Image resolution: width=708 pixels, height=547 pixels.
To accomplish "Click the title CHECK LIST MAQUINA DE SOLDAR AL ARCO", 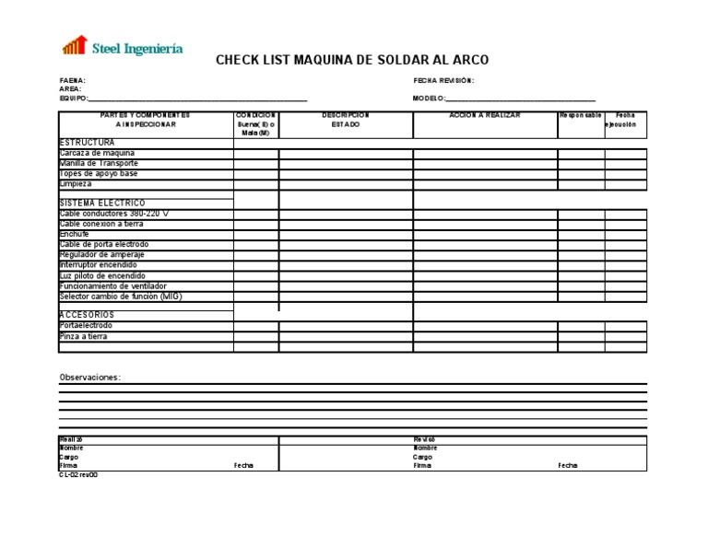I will [x=352, y=61].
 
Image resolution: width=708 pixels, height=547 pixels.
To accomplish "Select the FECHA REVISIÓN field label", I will [x=443, y=81].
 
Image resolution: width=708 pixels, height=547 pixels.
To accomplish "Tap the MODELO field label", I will [x=429, y=99].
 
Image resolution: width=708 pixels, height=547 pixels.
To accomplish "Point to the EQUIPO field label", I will [x=74, y=99].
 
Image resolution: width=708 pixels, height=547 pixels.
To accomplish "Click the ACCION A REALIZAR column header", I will [x=484, y=115].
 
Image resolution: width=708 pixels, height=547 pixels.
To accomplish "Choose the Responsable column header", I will [x=581, y=115].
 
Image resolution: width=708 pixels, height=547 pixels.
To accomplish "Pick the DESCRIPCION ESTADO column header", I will [x=346, y=120].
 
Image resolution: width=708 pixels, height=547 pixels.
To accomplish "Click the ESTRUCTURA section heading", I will [x=88, y=143].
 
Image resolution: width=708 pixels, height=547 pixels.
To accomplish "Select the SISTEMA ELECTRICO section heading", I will [x=102, y=203].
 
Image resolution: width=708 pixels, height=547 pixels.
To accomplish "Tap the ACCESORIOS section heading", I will [x=88, y=315].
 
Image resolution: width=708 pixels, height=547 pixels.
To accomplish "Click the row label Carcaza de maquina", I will [x=97, y=153].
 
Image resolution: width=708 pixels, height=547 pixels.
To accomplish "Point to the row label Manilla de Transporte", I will [x=99, y=163].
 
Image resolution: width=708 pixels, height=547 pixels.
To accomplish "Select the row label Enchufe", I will [x=75, y=234].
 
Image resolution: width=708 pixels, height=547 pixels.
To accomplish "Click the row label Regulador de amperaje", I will [x=103, y=254].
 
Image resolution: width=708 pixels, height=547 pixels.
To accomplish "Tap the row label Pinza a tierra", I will [x=83, y=336].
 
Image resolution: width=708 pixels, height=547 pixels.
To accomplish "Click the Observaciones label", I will [x=89, y=378].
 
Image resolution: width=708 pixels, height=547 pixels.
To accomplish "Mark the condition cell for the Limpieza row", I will [x=256, y=184].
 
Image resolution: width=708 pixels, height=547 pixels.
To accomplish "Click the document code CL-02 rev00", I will [x=78, y=475].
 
